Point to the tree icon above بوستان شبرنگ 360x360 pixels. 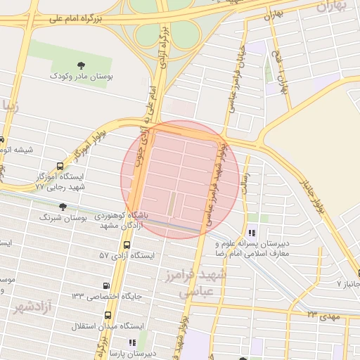[x=64, y=207]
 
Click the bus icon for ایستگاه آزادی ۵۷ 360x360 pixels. [x=127, y=245]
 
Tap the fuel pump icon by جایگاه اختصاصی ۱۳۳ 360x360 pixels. [x=106, y=285]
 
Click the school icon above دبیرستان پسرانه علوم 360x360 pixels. [x=252, y=233]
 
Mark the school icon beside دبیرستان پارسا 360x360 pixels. [x=131, y=342]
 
